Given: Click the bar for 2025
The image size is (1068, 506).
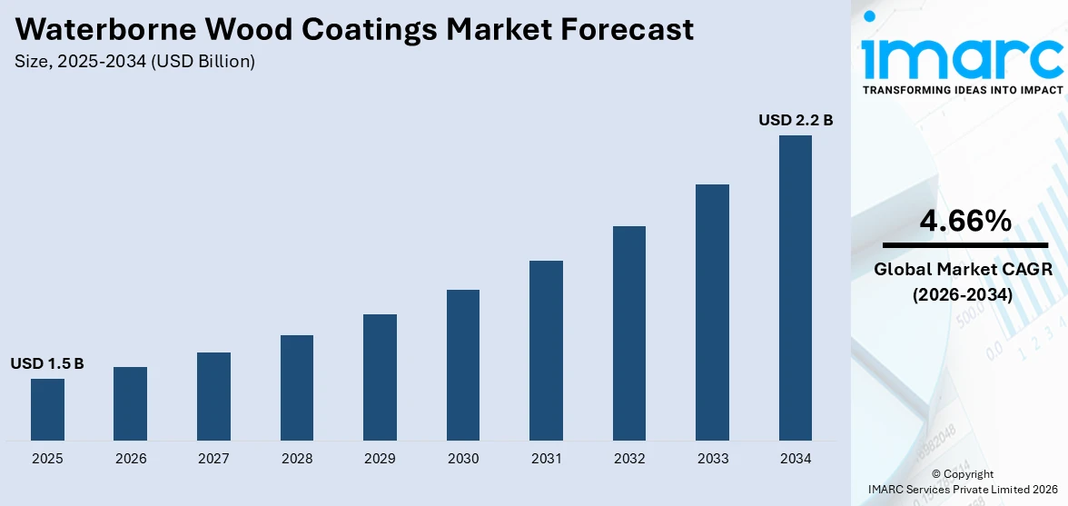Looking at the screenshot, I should coord(47,410).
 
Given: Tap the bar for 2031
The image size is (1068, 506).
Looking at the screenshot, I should coord(546,351).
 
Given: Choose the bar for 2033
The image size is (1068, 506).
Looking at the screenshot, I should coord(712,313).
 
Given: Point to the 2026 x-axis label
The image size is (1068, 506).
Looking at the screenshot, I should coord(131,459).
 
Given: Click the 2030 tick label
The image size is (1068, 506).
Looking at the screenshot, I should coord(463,459).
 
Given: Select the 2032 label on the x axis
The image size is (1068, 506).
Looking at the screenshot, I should coord(629,459).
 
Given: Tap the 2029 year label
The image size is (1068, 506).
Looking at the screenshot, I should coord(380,459).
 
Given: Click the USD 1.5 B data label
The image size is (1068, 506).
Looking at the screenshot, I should coord(47,363).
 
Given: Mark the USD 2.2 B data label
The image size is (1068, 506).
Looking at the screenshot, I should coord(796,120).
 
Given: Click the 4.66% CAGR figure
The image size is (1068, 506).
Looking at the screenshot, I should coord(964,220).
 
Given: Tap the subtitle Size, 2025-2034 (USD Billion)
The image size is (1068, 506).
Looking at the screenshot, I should coord(134,62).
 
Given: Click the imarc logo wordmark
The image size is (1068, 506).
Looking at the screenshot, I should coord(963,56).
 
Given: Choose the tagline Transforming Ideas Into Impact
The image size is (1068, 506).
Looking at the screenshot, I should coord(963,90).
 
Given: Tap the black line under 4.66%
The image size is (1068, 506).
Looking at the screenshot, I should coord(964,245).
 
